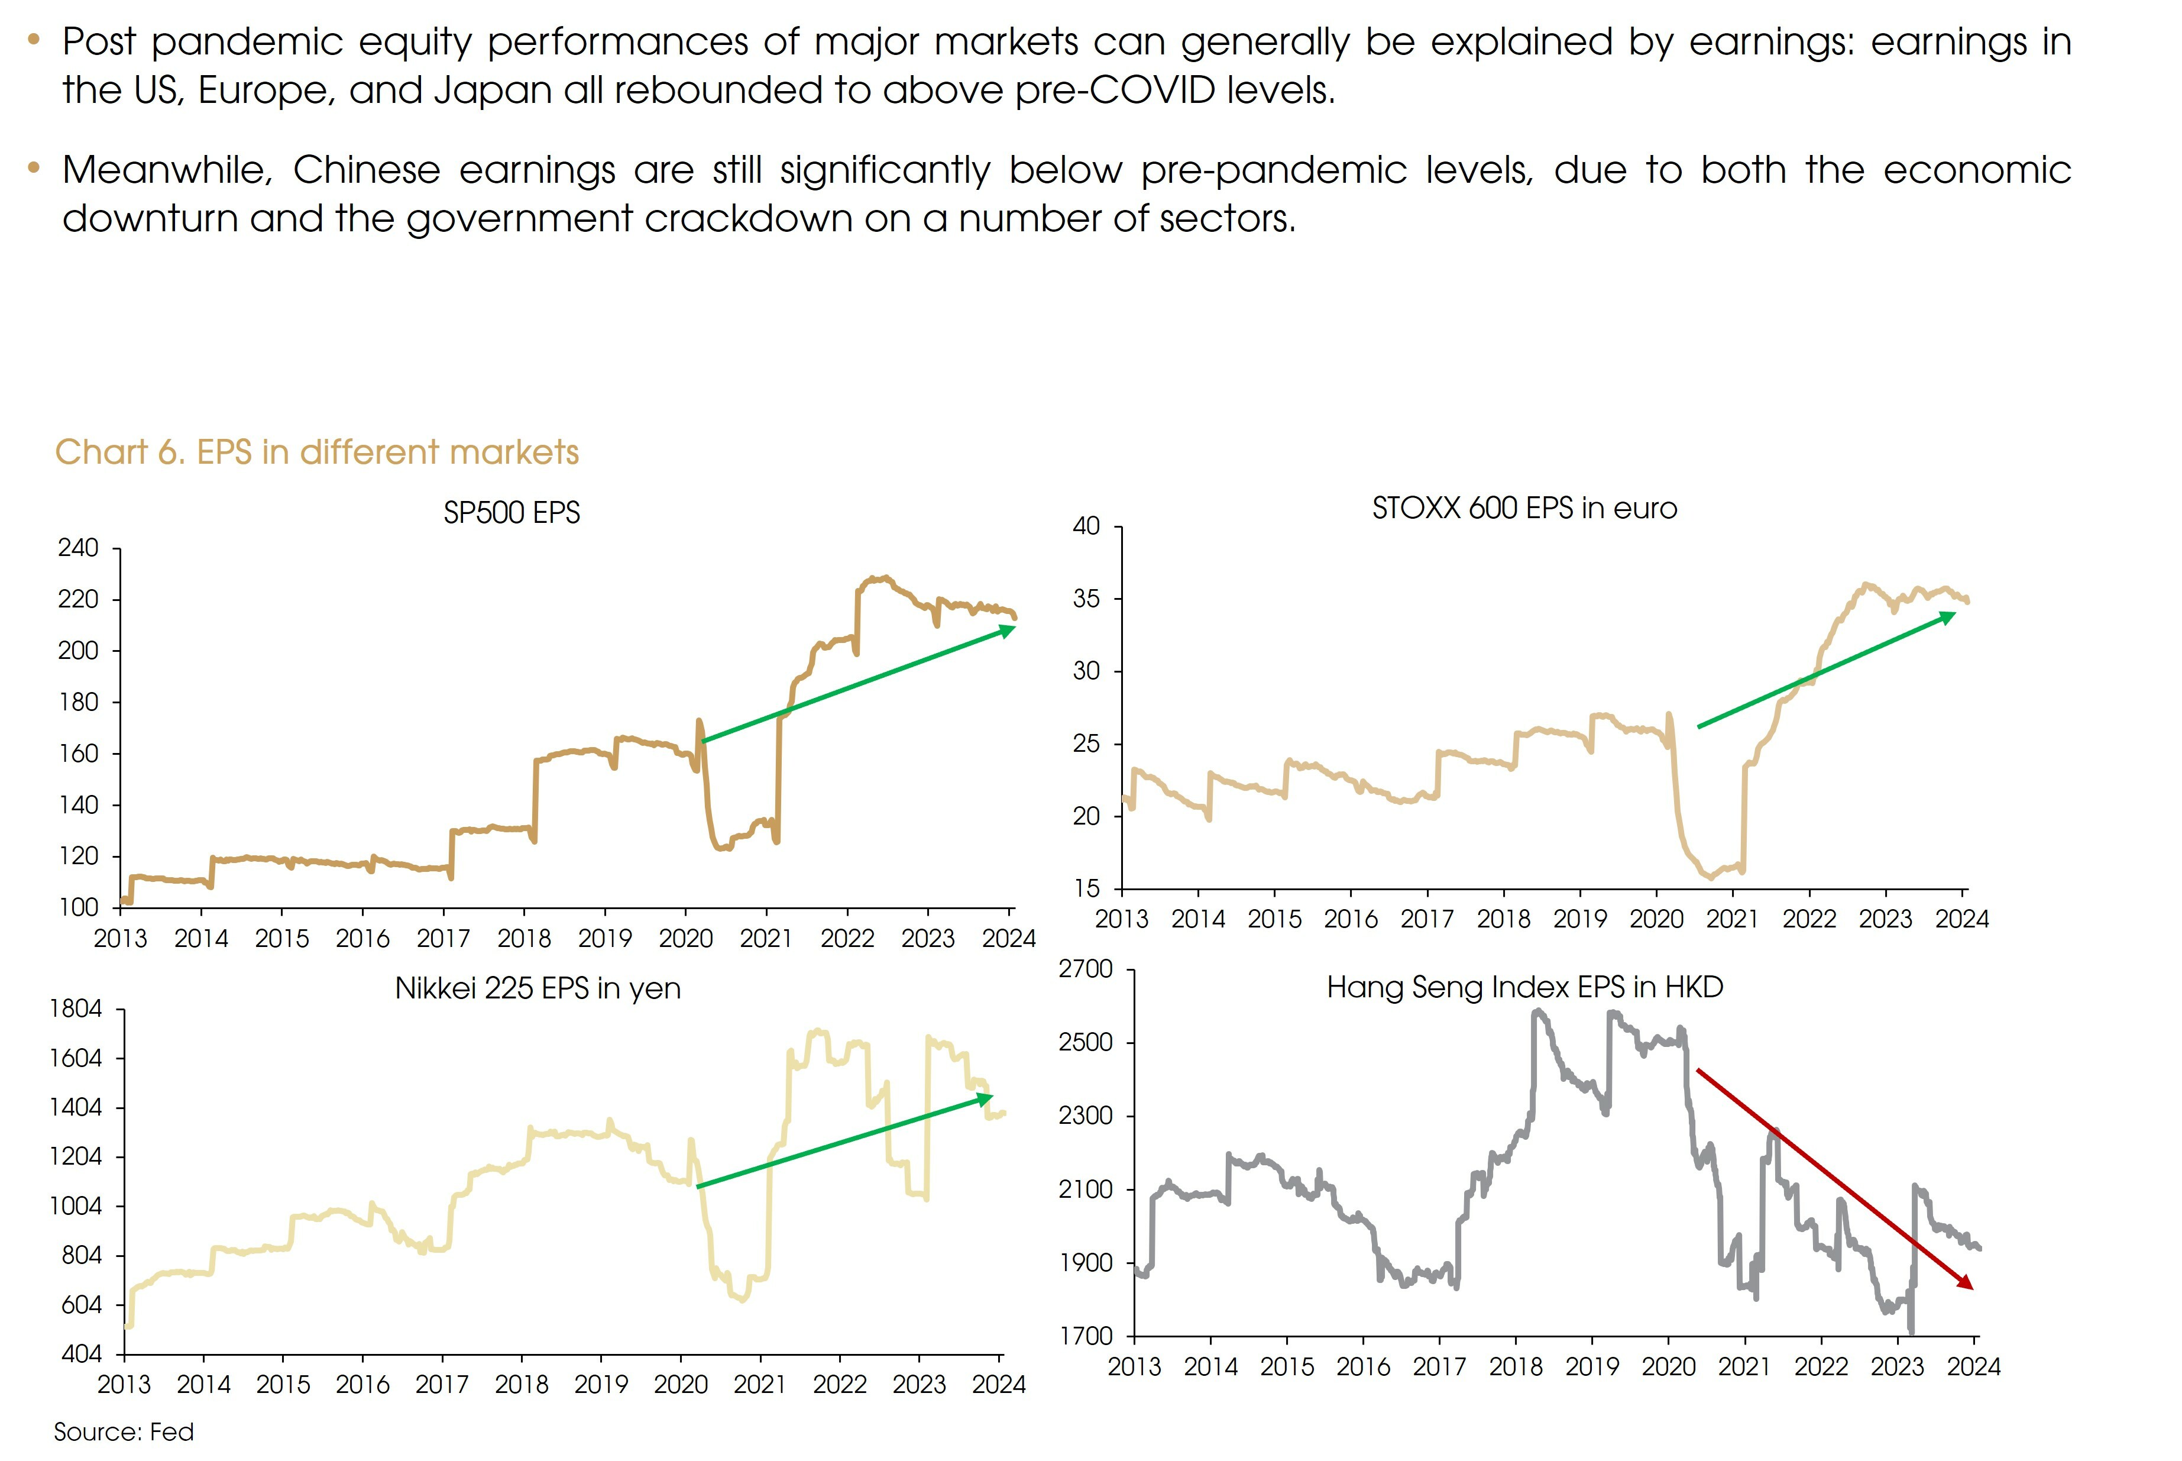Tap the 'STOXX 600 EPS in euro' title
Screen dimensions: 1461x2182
(1524, 509)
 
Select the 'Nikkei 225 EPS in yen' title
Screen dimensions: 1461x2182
(538, 988)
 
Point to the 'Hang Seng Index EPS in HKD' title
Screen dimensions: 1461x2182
(1524, 988)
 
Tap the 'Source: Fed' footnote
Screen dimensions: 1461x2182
(124, 1432)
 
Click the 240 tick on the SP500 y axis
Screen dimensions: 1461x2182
(78, 548)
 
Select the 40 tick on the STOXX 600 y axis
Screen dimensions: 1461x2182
(1086, 526)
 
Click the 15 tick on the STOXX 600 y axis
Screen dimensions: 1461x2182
(1086, 888)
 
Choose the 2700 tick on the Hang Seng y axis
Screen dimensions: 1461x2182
(1086, 970)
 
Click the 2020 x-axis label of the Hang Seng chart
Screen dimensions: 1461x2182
(1668, 1367)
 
